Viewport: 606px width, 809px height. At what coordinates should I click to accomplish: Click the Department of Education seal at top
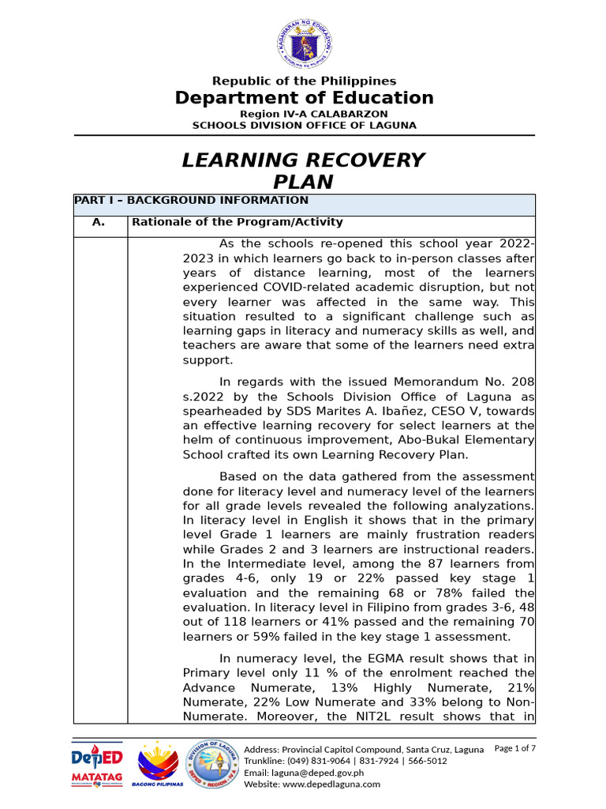[304, 43]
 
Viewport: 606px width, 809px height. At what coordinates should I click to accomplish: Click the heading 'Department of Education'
[304, 98]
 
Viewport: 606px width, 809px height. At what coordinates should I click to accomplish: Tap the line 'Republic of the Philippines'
[304, 81]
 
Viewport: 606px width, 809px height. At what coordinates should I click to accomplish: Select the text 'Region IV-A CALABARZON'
[304, 114]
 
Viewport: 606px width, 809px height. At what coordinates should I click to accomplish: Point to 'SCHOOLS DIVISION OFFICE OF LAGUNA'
[304, 125]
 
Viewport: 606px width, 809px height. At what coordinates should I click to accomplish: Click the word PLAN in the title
[304, 182]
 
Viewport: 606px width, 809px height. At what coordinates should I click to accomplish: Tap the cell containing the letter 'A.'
[99, 223]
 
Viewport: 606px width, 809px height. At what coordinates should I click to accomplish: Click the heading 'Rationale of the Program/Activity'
[237, 223]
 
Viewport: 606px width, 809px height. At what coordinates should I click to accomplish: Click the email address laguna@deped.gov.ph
[304, 773]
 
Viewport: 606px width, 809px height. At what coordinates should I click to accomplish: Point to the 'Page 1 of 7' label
[514, 748]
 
